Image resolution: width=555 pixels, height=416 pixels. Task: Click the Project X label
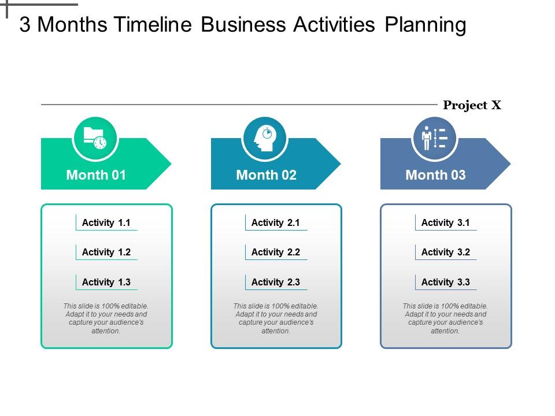coord(472,105)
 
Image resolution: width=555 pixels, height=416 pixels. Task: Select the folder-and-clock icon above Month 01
coord(95,139)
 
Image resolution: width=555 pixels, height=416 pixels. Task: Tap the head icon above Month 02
coord(265,139)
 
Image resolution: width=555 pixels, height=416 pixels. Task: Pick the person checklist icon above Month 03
coord(434,139)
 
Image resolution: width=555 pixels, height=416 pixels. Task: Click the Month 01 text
coord(96,175)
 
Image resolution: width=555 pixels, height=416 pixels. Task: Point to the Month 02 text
coord(266,175)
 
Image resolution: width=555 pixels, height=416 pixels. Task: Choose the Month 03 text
coord(435,175)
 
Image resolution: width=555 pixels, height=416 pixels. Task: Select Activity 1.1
coord(106,222)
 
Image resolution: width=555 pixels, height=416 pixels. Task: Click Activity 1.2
coord(106,252)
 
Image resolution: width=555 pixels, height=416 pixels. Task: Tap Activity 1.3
coord(106,282)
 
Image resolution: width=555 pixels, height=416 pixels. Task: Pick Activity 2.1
coord(276,222)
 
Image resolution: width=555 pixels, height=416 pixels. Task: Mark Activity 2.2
coord(276,252)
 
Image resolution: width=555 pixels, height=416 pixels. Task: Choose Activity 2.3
coord(276,282)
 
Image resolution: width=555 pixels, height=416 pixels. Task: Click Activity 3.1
coord(446,222)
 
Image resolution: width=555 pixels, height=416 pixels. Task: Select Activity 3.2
coord(446,252)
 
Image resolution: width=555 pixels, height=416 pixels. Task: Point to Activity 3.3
coord(446,282)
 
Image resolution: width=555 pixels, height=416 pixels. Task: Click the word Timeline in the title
coord(153,25)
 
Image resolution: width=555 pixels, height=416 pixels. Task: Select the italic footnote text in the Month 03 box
coord(445,318)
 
